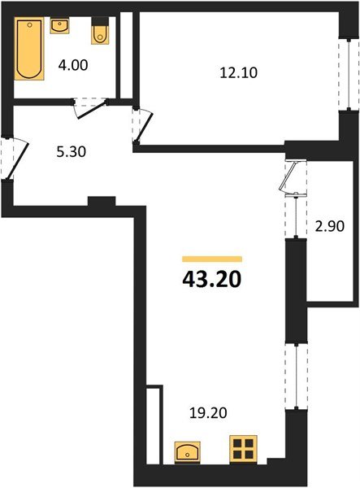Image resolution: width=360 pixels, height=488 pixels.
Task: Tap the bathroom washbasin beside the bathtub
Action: point(59,25)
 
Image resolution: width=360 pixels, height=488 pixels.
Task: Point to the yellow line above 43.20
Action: point(211,258)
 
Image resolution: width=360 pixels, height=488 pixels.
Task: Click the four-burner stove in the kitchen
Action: point(243,450)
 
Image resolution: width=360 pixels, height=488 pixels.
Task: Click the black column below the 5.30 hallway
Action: point(102,202)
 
